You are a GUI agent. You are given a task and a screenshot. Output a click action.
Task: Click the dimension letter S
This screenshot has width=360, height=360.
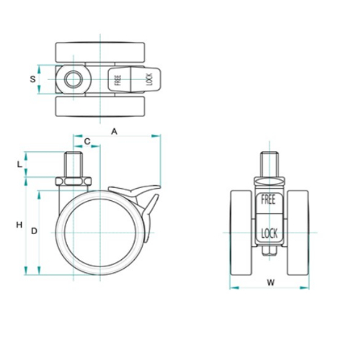(x=32, y=79)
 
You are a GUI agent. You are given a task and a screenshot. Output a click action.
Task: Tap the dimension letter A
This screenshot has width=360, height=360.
(x=114, y=132)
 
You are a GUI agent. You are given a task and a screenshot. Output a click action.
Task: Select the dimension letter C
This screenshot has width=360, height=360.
(x=87, y=142)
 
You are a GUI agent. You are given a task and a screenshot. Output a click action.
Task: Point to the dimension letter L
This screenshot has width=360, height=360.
(x=19, y=164)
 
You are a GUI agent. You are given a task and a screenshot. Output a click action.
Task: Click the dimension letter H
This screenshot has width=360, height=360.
(x=19, y=225)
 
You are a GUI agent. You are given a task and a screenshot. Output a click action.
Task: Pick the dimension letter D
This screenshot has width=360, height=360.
(x=35, y=231)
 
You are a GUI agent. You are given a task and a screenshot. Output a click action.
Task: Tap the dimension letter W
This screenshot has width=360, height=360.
(x=271, y=283)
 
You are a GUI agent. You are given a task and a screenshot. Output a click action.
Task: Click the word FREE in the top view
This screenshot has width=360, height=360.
(x=118, y=80)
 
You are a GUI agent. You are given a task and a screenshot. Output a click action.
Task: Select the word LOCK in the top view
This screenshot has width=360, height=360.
(x=149, y=79)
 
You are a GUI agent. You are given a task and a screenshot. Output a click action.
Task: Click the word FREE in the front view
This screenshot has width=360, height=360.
(x=269, y=199)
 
